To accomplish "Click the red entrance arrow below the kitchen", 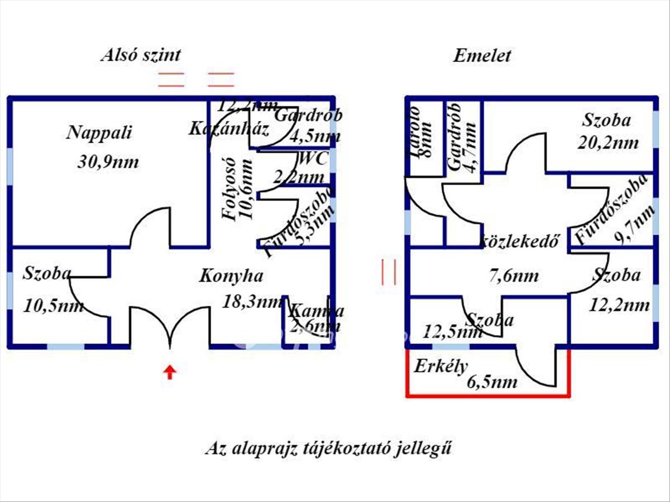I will (x=170, y=372).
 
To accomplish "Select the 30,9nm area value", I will (x=108, y=162).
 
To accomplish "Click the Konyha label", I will (x=231, y=276).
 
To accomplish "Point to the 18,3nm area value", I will (x=252, y=302).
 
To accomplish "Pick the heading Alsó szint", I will (x=141, y=55).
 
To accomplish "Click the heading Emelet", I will (x=482, y=56).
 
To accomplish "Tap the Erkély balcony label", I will (x=440, y=366).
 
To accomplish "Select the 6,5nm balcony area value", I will (x=493, y=382).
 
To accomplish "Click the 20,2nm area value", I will (x=608, y=143).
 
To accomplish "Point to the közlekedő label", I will (x=520, y=242).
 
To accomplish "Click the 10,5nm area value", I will (x=54, y=306).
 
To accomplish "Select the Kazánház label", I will (x=229, y=130).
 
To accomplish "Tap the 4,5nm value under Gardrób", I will (x=315, y=136).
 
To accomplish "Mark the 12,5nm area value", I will (x=452, y=332).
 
